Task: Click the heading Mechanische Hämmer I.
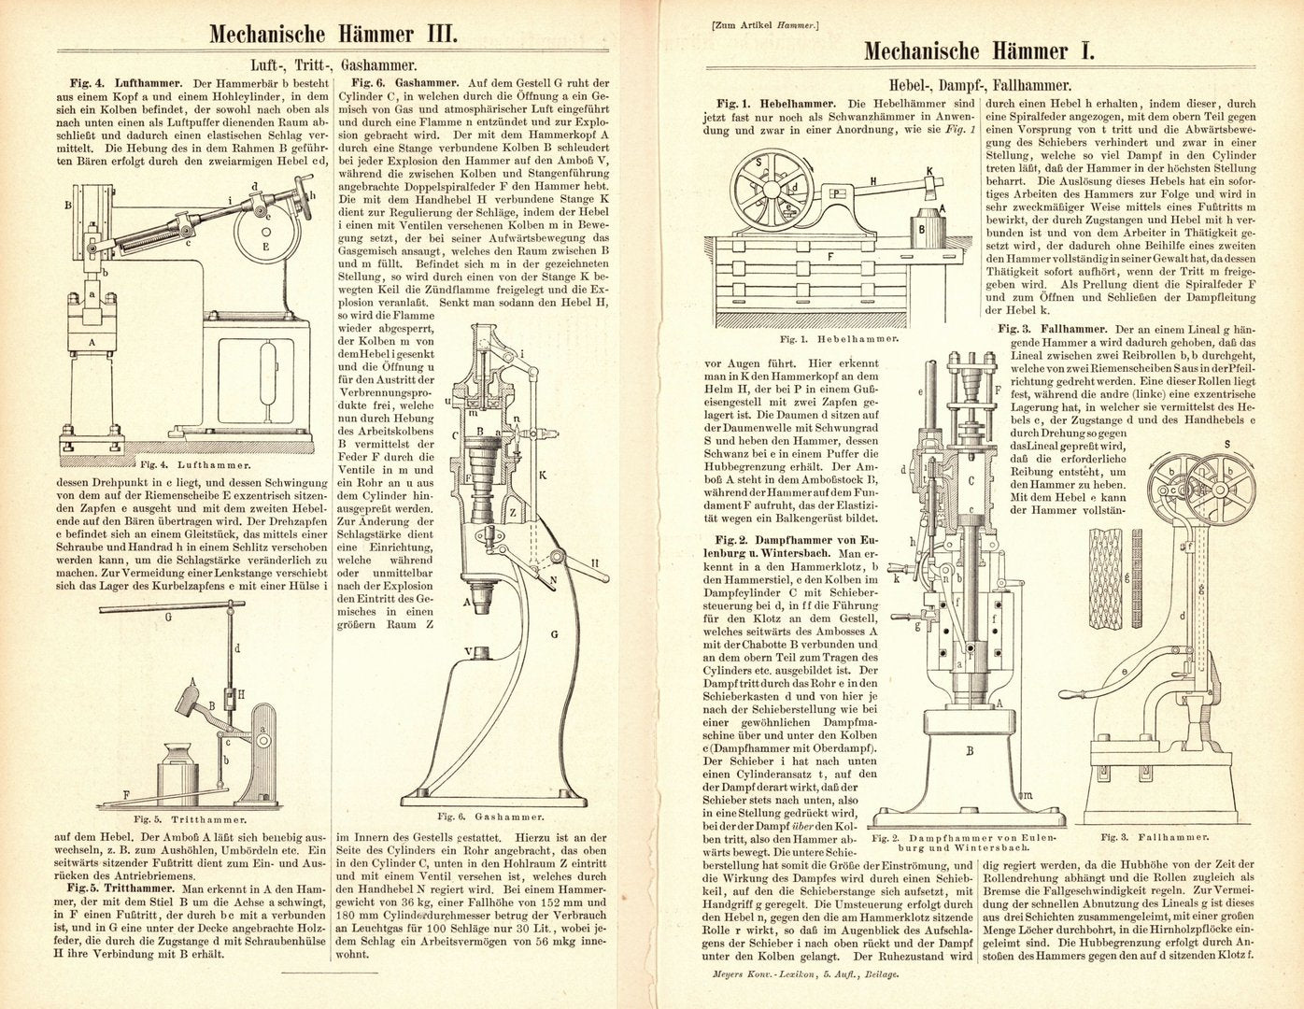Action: pyautogui.click(x=978, y=49)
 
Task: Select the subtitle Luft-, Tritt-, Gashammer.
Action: pyautogui.click(x=333, y=66)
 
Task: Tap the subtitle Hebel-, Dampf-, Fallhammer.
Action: pyautogui.click(x=977, y=80)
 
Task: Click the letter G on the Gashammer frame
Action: pyautogui.click(x=554, y=633)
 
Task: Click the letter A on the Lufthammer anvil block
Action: pyautogui.click(x=91, y=342)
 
